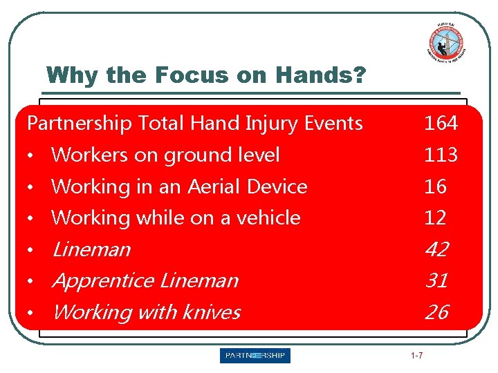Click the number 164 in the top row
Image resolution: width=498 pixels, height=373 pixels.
[441, 124]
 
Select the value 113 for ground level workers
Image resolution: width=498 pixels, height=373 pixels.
[441, 155]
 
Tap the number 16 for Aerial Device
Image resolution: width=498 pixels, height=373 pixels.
[435, 186]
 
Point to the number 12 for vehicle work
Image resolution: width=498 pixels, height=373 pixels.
[435, 218]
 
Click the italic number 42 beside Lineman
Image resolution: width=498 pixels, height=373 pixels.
[436, 249]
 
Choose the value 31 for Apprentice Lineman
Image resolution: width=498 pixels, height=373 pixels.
[436, 281]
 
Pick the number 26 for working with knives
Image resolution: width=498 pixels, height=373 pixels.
[436, 313]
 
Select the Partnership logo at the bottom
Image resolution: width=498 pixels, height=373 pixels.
[255, 356]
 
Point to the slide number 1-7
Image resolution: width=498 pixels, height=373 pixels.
[417, 356]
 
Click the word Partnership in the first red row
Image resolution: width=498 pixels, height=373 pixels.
[80, 124]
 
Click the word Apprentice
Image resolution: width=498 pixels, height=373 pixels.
[102, 281]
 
